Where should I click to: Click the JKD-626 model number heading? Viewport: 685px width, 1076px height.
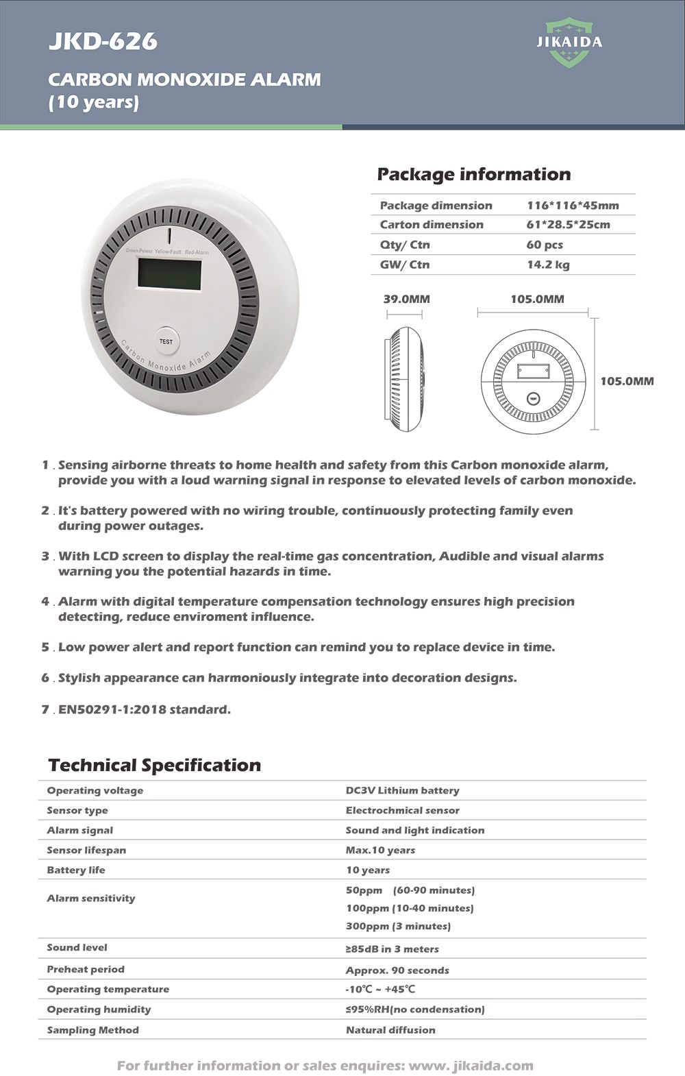[x=103, y=41]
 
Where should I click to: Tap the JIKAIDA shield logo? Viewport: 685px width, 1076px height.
[x=569, y=42]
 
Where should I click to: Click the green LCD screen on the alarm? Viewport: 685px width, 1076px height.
[x=170, y=273]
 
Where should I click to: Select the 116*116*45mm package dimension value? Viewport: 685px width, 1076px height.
[x=573, y=205]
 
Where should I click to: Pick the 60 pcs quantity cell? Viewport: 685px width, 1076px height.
[x=545, y=245]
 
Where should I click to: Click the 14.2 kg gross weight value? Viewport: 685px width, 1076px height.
[x=548, y=265]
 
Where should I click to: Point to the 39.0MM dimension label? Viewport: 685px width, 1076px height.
[x=406, y=299]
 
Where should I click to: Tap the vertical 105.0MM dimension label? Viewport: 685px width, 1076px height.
[x=627, y=381]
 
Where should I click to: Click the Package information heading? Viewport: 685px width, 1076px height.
[x=473, y=174]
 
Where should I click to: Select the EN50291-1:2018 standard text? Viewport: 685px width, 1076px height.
[x=145, y=709]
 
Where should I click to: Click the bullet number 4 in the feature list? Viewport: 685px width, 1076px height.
[x=45, y=601]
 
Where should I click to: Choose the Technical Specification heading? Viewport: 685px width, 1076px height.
[x=155, y=765]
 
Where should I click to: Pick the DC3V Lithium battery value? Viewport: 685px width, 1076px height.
[x=402, y=790]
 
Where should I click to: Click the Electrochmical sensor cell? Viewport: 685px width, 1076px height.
[x=402, y=810]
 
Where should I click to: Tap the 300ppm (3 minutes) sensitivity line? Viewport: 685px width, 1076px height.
[x=398, y=926]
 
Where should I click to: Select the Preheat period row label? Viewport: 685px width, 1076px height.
[x=86, y=969]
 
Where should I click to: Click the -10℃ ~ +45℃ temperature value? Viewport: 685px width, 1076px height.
[x=380, y=989]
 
